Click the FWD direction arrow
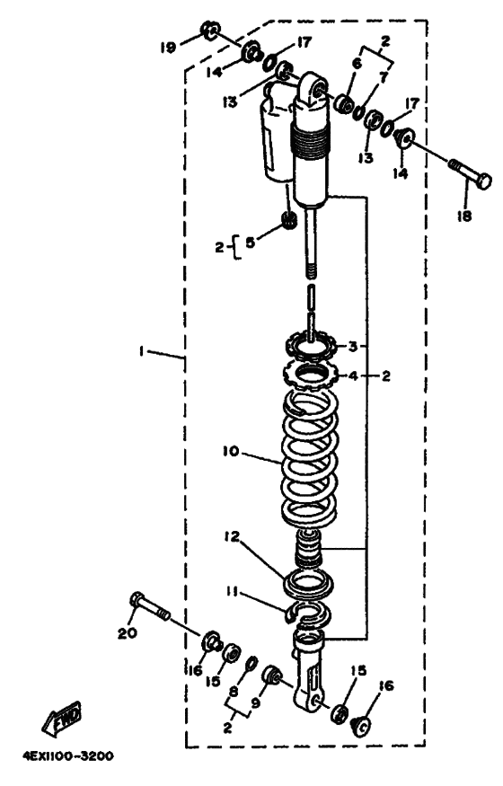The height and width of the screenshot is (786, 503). point(62,720)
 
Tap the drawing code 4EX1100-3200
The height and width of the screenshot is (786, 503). point(67,756)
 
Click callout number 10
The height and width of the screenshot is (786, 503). point(232,452)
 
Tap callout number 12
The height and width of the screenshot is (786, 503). point(232,537)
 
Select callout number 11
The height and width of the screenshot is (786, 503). point(231,594)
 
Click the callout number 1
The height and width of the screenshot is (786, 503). point(141,351)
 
